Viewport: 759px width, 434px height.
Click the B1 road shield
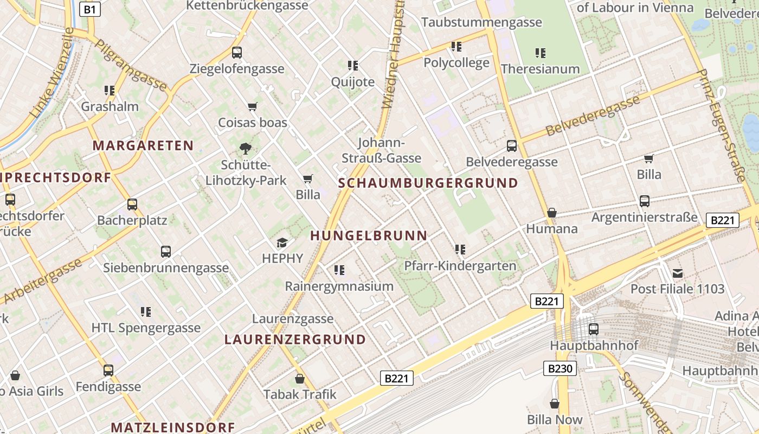pyautogui.click(x=90, y=9)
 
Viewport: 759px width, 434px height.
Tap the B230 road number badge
pyautogui.click(x=559, y=369)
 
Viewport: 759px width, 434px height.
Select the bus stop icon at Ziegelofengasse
pyautogui.click(x=237, y=53)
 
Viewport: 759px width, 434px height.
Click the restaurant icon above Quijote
pyautogui.click(x=353, y=66)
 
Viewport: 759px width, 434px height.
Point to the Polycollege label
pyautogui.click(x=456, y=62)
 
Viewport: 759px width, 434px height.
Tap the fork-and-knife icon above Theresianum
pyautogui.click(x=541, y=53)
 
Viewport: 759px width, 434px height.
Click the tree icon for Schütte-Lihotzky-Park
pyautogui.click(x=246, y=148)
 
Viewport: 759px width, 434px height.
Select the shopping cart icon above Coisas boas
pyautogui.click(x=252, y=106)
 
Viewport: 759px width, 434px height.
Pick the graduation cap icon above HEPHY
pyautogui.click(x=282, y=242)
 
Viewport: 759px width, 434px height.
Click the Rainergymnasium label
pyautogui.click(x=339, y=286)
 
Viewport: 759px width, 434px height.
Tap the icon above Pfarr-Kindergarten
pyautogui.click(x=460, y=250)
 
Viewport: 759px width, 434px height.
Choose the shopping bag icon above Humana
pyautogui.click(x=552, y=213)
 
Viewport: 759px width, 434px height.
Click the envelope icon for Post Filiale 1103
pyautogui.click(x=678, y=273)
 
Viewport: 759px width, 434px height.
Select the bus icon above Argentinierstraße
pyautogui.click(x=645, y=201)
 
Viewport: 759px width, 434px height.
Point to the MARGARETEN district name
pyautogui.click(x=143, y=145)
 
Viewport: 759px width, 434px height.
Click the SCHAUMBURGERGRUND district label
pyautogui.click(x=428, y=183)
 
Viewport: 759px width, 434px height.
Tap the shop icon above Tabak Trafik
pyautogui.click(x=300, y=379)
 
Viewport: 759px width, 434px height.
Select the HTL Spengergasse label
pyautogui.click(x=146, y=328)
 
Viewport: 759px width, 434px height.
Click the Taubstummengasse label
pyautogui.click(x=481, y=22)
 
